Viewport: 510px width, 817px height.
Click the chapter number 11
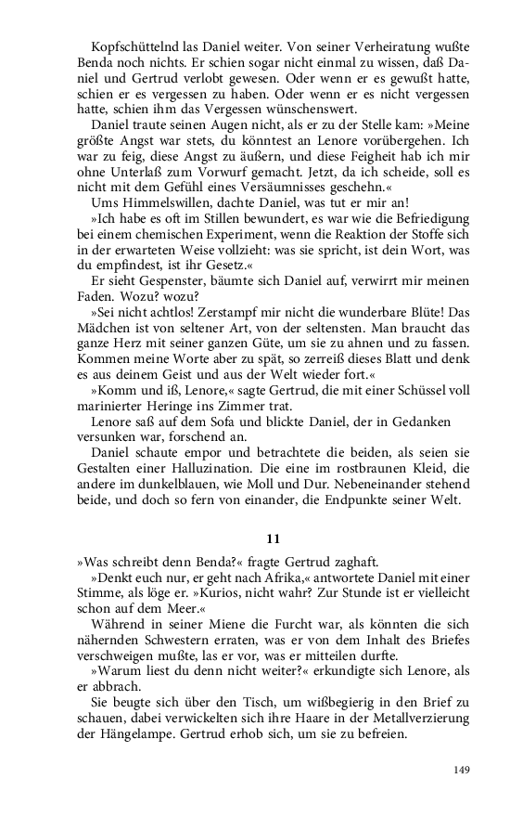(x=273, y=538)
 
